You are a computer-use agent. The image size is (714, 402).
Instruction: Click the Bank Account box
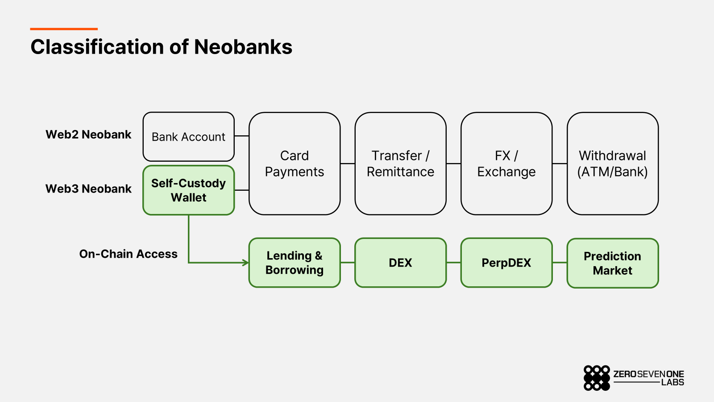pyautogui.click(x=188, y=137)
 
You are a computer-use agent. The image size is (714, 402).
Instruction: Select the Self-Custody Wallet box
pyautogui.click(x=188, y=190)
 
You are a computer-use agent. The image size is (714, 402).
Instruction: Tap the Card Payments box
pyautogui.click(x=295, y=163)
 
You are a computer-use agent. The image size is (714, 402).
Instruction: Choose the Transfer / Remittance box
pyautogui.click(x=400, y=163)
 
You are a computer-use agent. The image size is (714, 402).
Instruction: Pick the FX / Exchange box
pyautogui.click(x=506, y=163)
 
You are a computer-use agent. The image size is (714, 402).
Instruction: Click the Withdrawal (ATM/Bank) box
pyautogui.click(x=612, y=163)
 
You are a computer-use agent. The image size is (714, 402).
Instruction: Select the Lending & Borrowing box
pyautogui.click(x=295, y=263)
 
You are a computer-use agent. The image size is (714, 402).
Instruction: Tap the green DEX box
pyautogui.click(x=400, y=263)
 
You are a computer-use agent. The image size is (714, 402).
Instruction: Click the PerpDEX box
pyautogui.click(x=506, y=263)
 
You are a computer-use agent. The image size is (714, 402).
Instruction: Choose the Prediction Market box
pyautogui.click(x=612, y=263)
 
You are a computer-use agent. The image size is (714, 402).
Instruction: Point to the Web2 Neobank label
pyautogui.click(x=88, y=134)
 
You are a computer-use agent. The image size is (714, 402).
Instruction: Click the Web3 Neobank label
pyautogui.click(x=88, y=189)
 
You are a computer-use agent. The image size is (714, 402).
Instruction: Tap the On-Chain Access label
pyautogui.click(x=128, y=254)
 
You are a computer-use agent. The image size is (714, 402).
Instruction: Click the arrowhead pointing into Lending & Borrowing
pyautogui.click(x=246, y=263)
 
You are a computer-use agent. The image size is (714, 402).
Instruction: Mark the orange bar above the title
pyautogui.click(x=64, y=29)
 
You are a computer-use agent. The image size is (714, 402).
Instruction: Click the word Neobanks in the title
pyautogui.click(x=243, y=47)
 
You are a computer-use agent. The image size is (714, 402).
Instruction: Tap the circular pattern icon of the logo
pyautogui.click(x=597, y=378)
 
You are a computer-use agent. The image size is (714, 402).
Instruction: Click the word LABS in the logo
pyautogui.click(x=672, y=382)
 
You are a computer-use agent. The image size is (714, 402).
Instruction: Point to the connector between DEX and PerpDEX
pyautogui.click(x=453, y=263)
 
